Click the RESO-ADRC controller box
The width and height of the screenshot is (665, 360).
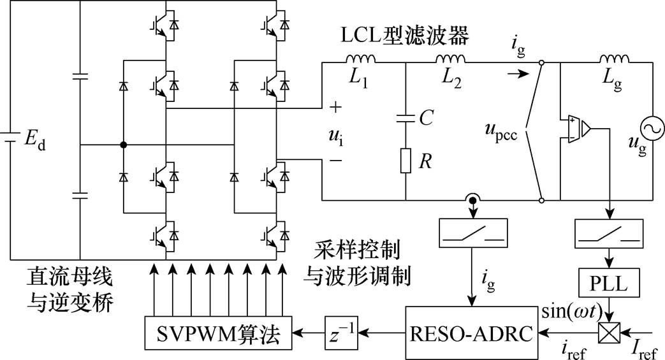click(472, 333)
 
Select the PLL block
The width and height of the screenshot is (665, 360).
click(610, 282)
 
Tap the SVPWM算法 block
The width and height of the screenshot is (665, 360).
click(219, 333)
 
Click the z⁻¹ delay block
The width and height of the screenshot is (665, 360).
click(341, 333)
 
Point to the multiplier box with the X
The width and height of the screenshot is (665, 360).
click(610, 333)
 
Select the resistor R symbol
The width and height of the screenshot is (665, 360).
click(406, 161)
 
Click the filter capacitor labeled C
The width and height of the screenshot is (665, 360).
click(406, 119)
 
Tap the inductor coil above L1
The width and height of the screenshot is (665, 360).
click(360, 59)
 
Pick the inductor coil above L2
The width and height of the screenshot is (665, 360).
click(450, 59)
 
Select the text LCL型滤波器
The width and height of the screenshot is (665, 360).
click(405, 36)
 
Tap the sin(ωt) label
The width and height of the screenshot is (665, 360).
click(572, 312)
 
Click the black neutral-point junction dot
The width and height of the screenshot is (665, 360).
click(124, 145)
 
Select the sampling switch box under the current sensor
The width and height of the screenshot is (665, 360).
click(472, 233)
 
